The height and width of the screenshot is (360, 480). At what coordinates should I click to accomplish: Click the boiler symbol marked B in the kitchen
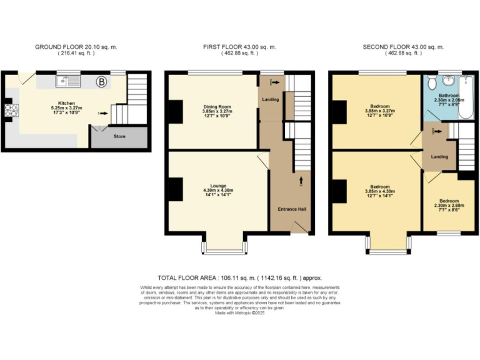(101, 81)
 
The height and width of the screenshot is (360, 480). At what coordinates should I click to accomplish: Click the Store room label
(119, 136)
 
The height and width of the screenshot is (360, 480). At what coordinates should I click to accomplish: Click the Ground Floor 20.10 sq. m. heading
(76, 47)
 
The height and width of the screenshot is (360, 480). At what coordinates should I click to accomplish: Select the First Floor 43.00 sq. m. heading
(239, 47)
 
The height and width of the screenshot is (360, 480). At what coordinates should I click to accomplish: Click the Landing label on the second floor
(439, 157)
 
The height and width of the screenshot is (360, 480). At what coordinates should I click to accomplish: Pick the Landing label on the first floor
(271, 99)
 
